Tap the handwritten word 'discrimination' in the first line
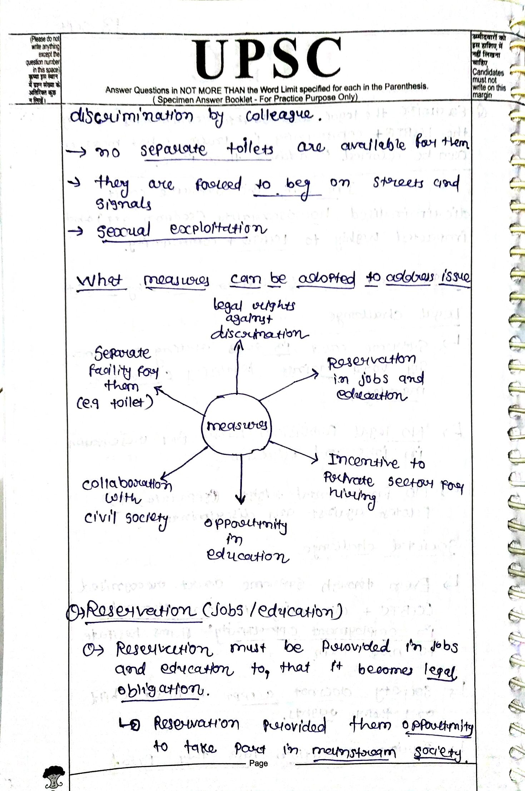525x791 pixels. coord(132,116)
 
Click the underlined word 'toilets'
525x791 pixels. coord(250,148)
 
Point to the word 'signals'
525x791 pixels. coord(123,204)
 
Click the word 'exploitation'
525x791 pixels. coord(218,229)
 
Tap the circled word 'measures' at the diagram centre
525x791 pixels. coord(237,426)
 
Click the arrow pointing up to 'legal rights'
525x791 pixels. coord(238,368)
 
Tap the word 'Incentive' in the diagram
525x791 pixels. coord(363,462)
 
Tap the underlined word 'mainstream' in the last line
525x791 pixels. coord(354,751)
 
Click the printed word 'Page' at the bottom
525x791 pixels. coord(258,763)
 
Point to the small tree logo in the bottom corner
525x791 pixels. coord(54,777)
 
